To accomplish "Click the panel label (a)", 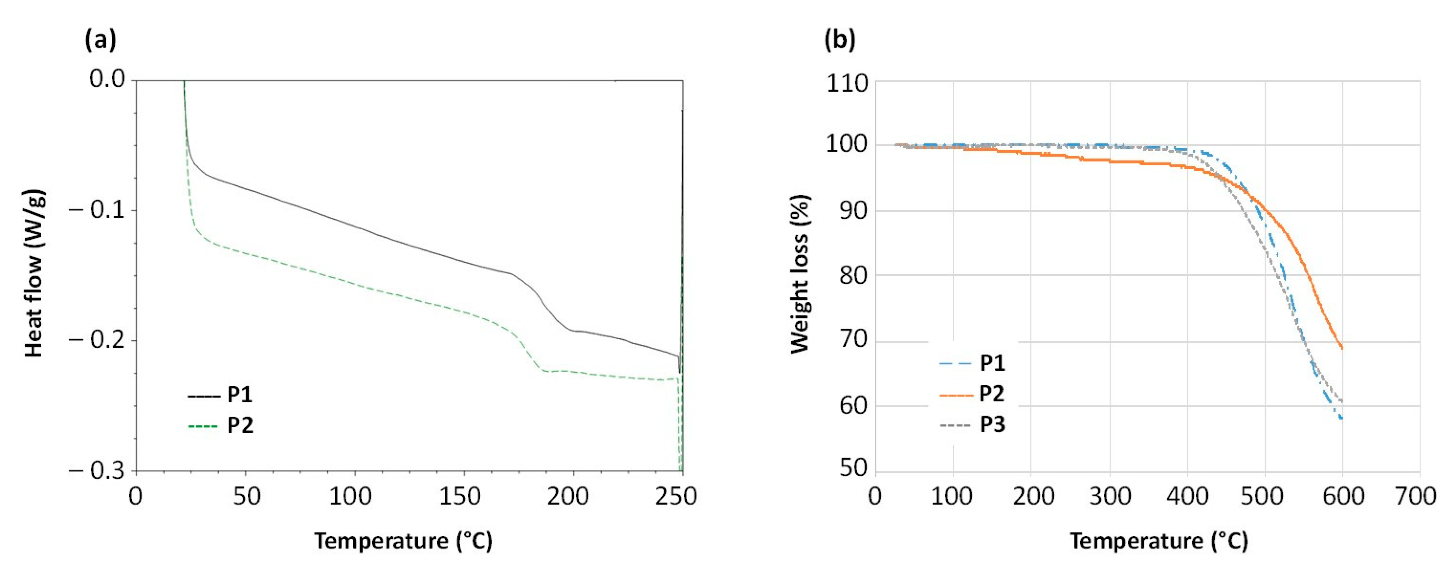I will (x=101, y=41).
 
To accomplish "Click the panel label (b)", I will (x=839, y=41).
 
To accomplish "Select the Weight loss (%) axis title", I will (x=800, y=274).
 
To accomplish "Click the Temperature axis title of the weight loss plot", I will (x=1159, y=541).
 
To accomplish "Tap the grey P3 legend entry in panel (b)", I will (x=972, y=425).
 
